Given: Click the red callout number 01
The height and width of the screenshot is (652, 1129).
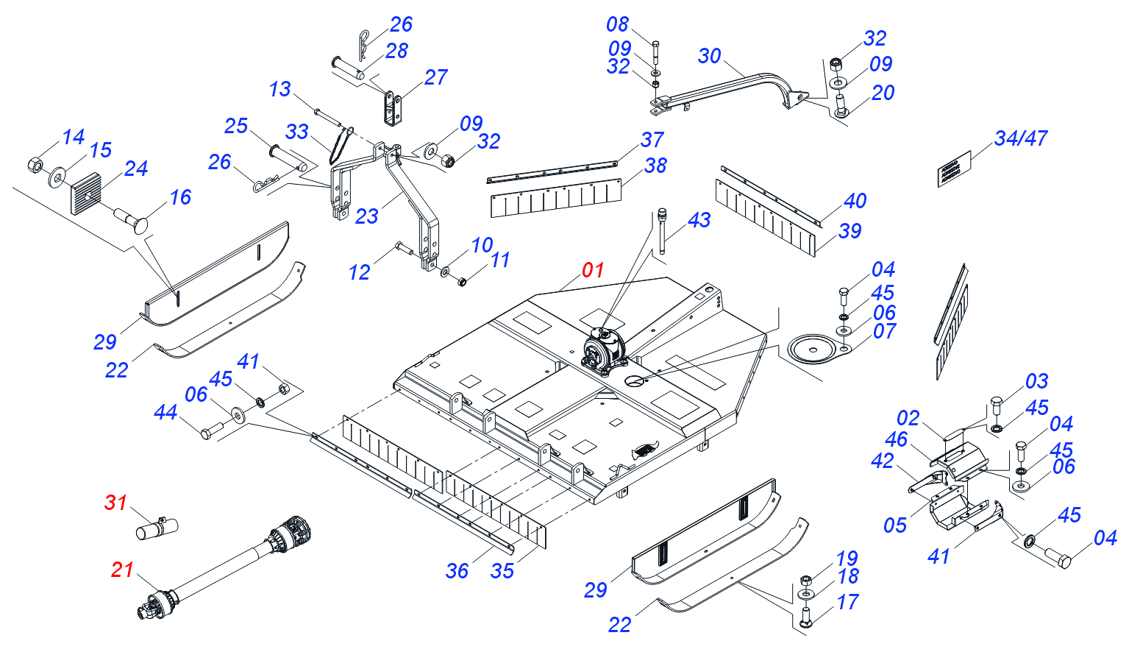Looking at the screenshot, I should point(592,270).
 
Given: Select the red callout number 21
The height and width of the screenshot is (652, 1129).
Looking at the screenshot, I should point(122,570).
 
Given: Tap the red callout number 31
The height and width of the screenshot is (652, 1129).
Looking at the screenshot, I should point(115,503).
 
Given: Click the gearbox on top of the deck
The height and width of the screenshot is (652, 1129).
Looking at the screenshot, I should point(604,352).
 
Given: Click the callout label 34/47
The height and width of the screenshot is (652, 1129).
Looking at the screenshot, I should point(1020,138).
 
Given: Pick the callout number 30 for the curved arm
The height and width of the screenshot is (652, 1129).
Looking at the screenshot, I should point(709,56).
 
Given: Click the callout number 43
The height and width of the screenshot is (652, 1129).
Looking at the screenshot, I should point(699,220).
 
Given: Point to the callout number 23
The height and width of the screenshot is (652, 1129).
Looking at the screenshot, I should point(366,216).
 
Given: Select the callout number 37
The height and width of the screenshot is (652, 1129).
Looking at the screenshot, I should point(652,140).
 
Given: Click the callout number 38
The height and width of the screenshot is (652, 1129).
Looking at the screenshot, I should point(655,166).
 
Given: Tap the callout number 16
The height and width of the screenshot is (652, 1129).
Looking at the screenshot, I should point(180,197).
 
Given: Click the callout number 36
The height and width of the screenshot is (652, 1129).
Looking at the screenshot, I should point(457,571).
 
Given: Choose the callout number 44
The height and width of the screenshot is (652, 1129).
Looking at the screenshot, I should point(165,412).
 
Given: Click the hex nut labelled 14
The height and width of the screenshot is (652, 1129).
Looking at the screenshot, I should point(35,163).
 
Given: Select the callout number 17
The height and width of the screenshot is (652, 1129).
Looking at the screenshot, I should point(847,603).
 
